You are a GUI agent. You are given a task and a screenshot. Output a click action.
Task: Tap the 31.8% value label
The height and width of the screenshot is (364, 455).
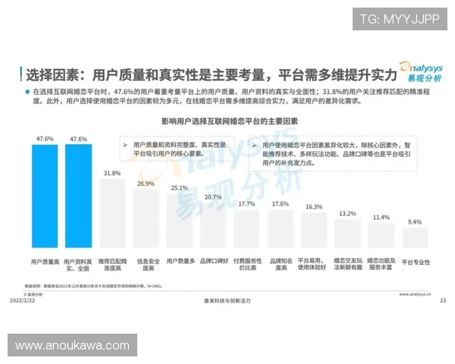(x=112, y=174)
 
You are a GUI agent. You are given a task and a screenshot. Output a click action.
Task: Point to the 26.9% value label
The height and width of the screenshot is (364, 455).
(x=146, y=184)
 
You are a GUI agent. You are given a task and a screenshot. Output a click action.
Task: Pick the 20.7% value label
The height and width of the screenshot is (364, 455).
(x=213, y=197)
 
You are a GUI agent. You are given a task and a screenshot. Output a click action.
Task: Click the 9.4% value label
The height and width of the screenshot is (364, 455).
(x=415, y=222)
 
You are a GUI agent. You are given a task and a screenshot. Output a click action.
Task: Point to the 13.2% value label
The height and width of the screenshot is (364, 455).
(x=347, y=214)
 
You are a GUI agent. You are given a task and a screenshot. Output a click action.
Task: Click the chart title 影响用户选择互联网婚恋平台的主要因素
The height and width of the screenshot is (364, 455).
(x=228, y=121)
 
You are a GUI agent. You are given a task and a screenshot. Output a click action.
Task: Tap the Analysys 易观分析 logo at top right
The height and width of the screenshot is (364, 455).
(x=422, y=72)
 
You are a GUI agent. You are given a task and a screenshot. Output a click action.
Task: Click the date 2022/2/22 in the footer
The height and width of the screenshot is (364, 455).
(x=24, y=300)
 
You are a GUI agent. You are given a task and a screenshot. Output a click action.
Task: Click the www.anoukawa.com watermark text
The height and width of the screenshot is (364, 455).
(x=72, y=346)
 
